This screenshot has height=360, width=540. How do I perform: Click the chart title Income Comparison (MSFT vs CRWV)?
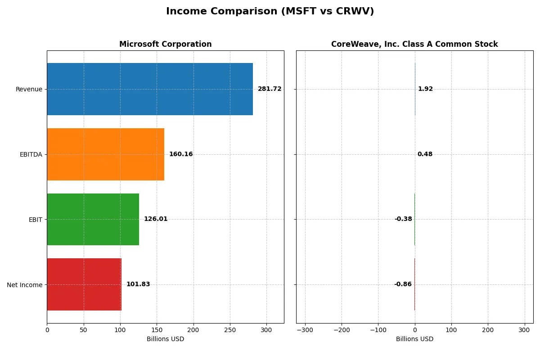(x=270, y=11)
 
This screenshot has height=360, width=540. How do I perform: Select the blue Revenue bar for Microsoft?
(x=150, y=89)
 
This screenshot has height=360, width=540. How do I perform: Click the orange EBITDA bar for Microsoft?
(x=105, y=154)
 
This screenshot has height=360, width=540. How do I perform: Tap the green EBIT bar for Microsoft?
(x=93, y=219)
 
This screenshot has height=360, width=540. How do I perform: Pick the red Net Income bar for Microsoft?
(x=84, y=284)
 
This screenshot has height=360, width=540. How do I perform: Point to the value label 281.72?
(x=270, y=89)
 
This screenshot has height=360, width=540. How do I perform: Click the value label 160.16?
(x=181, y=154)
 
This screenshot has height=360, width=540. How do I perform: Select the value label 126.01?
(x=156, y=219)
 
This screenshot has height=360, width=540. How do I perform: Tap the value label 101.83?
(x=138, y=284)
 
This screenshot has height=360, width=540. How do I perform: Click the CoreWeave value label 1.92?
(x=425, y=89)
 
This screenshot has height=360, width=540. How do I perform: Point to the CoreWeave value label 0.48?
(x=425, y=154)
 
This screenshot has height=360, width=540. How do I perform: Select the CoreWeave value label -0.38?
(x=403, y=219)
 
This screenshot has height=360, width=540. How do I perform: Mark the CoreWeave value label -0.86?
(x=403, y=284)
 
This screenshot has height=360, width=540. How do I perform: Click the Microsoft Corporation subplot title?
(x=165, y=45)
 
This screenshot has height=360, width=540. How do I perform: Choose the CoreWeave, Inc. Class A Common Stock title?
(x=414, y=45)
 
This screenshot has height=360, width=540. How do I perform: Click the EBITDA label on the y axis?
(x=31, y=154)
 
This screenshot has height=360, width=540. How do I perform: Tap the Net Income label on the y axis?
(x=25, y=285)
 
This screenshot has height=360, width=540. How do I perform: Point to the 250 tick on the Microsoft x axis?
(x=230, y=330)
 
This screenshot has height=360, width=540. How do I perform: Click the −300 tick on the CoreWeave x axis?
(x=305, y=330)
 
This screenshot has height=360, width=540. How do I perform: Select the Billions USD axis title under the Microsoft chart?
(x=165, y=339)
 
